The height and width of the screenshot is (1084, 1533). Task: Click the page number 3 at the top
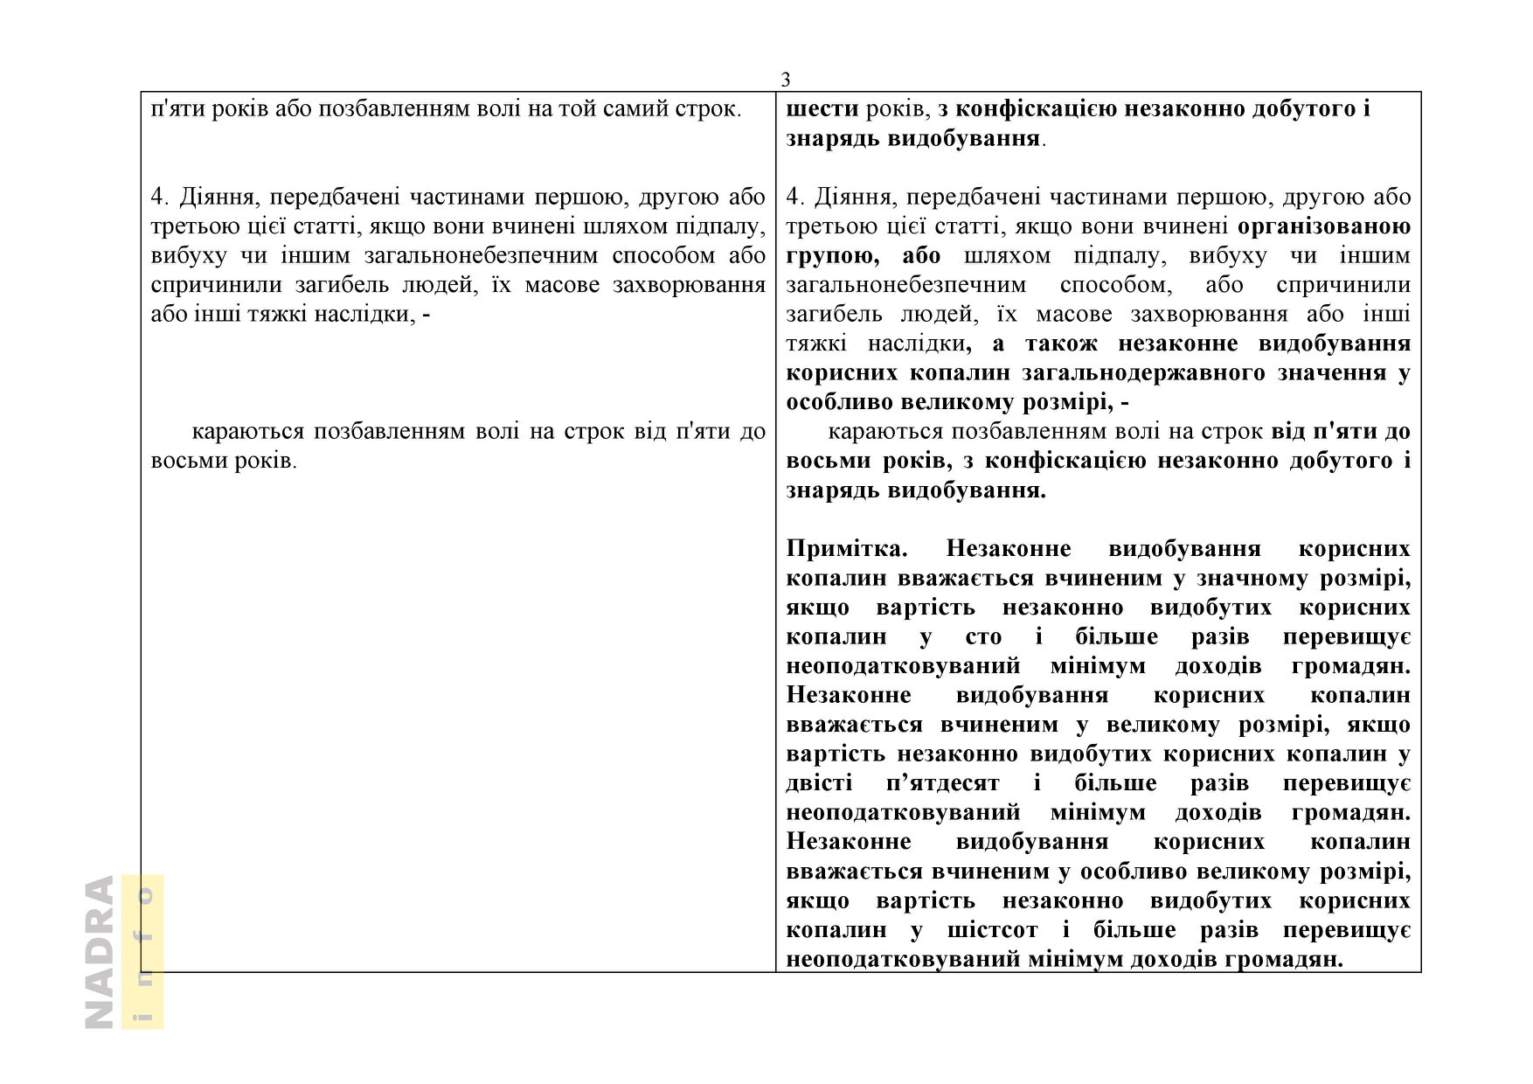click(x=785, y=80)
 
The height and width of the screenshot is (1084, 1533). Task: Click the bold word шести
click(x=821, y=109)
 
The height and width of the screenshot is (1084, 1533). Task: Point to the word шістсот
click(x=992, y=930)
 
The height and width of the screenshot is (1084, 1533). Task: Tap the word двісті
click(x=819, y=783)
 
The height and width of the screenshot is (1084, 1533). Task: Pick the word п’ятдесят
click(x=942, y=783)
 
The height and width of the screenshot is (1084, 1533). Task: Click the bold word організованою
click(x=1324, y=226)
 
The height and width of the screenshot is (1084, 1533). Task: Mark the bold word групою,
click(x=832, y=256)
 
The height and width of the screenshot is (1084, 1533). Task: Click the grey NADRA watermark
click(x=100, y=952)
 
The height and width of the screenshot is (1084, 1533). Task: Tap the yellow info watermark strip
click(x=142, y=952)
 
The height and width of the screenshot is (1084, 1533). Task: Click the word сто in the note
click(x=983, y=637)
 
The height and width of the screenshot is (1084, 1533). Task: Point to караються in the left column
click(x=247, y=432)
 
